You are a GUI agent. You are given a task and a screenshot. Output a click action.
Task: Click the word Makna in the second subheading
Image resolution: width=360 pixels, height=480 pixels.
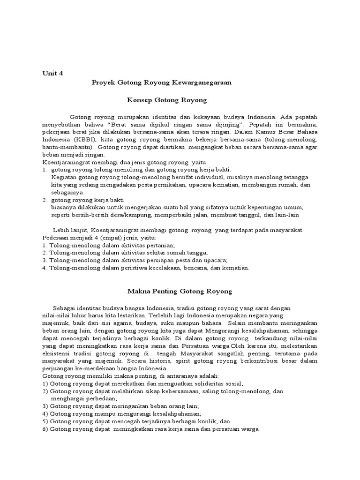coord(140,291)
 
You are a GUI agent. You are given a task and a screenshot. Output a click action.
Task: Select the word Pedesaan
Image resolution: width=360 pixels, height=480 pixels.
coord(55,238)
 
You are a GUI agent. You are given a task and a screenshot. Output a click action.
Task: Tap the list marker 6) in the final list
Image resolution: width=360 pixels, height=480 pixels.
coord(45,429)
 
